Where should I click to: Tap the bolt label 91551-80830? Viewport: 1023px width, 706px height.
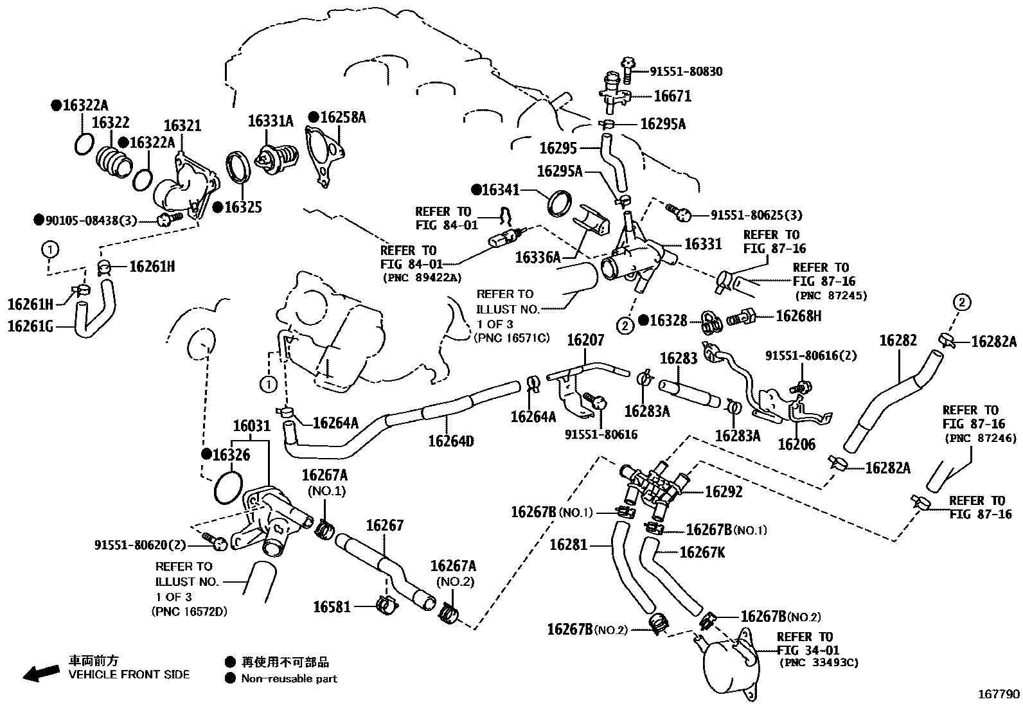[x=686, y=72]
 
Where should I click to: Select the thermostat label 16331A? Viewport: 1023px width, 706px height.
[x=271, y=121]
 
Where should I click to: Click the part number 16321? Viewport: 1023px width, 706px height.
[x=182, y=125]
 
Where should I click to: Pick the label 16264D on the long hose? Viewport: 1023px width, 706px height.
[x=450, y=441]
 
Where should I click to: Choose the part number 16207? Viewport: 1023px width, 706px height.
[x=585, y=340]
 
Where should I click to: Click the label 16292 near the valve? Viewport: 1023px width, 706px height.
[x=724, y=492]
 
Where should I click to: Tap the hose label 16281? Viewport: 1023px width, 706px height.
[x=569, y=545]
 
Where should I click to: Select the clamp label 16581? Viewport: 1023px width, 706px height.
[x=332, y=607]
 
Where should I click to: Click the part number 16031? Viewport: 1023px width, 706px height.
[x=252, y=426]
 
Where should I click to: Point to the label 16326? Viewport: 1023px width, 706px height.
[x=231, y=455]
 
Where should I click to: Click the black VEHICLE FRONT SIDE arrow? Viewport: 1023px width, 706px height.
[x=41, y=673]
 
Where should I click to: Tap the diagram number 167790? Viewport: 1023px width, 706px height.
[x=999, y=694]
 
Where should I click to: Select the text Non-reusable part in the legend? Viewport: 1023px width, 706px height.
[x=289, y=678]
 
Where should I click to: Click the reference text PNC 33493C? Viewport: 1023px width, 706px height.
[x=819, y=662]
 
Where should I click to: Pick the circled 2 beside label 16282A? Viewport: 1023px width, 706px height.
[x=962, y=303]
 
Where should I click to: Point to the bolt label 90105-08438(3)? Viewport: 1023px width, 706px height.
[x=91, y=220]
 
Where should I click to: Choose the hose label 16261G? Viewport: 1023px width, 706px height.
[x=31, y=326]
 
